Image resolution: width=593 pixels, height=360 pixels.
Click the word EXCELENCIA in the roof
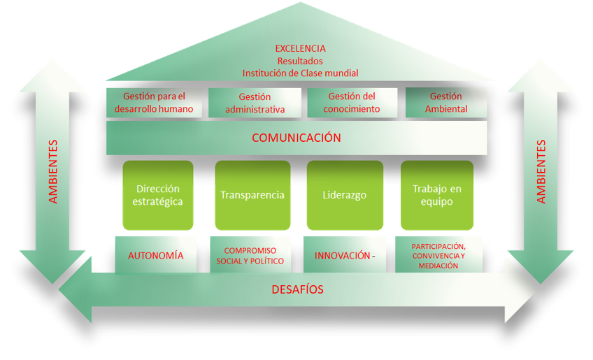(300, 48)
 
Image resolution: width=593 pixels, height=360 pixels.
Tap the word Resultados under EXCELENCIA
(300, 61)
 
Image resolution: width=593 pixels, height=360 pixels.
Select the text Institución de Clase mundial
(300, 73)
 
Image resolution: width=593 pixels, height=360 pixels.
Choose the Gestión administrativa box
(255, 103)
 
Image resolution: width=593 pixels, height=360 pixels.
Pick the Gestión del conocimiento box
(353, 103)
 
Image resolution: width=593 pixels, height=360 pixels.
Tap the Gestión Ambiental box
(446, 103)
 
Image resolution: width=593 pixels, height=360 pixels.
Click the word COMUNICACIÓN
(296, 138)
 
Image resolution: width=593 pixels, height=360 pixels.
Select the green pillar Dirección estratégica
(158, 195)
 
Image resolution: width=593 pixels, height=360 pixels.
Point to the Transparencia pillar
(252, 195)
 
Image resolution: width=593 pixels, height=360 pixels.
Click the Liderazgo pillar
(345, 195)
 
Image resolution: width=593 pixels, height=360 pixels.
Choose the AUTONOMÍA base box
(156, 255)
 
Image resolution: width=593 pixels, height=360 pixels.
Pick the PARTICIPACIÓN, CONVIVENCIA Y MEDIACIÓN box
(438, 255)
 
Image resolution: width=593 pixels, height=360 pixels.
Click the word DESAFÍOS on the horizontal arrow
(296, 289)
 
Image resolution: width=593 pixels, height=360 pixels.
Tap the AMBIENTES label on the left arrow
(53, 172)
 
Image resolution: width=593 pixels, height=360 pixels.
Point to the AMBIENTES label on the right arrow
(541, 172)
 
